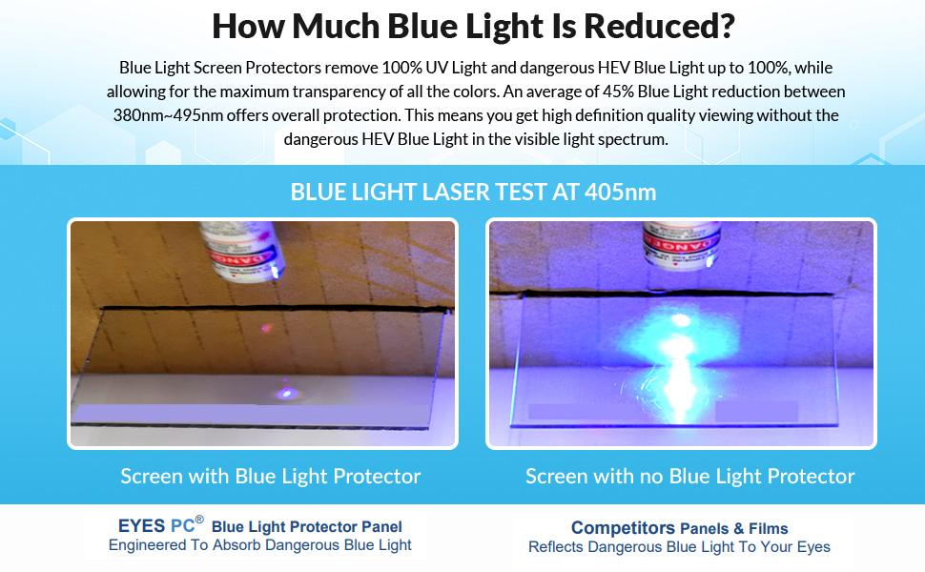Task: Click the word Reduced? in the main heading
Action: (x=660, y=26)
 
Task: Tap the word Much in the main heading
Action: (x=335, y=26)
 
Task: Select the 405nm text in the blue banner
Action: (x=621, y=193)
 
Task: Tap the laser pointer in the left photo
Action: (x=243, y=250)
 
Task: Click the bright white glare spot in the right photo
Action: (x=681, y=320)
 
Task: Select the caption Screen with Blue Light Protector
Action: (x=270, y=476)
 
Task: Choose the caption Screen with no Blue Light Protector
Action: (x=689, y=476)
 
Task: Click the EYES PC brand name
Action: (x=156, y=525)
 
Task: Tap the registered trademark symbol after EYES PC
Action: (x=199, y=520)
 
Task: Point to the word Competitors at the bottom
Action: (x=623, y=528)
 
